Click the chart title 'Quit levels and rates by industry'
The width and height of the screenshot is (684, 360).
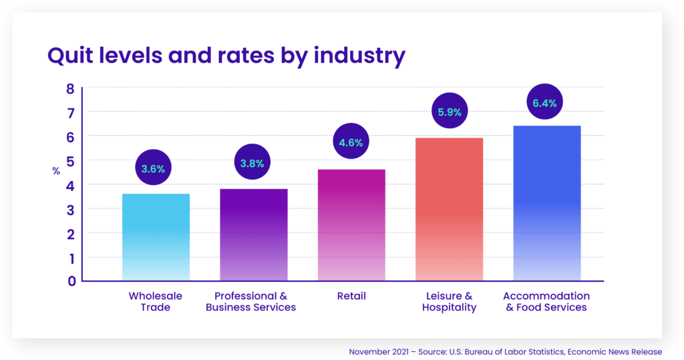pos(226,55)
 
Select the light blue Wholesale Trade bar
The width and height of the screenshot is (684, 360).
pos(156,237)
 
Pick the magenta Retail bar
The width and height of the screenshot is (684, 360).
pos(351,225)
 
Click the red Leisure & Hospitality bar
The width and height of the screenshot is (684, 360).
pos(449,209)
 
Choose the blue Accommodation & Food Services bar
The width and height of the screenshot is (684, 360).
pos(546,203)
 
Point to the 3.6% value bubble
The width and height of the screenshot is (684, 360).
pos(153,168)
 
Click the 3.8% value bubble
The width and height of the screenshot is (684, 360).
pos(252,163)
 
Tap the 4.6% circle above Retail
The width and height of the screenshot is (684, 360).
pos(351,142)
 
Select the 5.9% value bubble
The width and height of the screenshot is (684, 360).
pos(450,112)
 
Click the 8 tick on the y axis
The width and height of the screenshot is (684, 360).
pos(70,88)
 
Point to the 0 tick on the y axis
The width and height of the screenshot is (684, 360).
pos(70,281)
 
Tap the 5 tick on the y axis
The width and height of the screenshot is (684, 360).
pos(70,161)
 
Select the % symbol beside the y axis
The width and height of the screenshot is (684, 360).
pos(56,172)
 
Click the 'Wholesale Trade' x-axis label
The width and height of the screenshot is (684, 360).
pos(156,301)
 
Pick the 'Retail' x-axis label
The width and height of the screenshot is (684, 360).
pos(351,295)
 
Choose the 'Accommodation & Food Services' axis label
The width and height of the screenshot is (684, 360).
pos(546,301)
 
